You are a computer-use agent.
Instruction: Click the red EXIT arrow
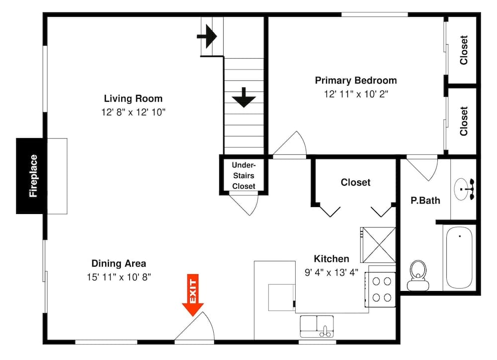pyautogui.click(x=193, y=295)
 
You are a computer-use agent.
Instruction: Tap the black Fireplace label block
pyautogui.click(x=33, y=176)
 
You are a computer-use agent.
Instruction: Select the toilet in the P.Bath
pyautogui.click(x=417, y=276)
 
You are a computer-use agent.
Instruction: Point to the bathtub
pyautogui.click(x=460, y=258)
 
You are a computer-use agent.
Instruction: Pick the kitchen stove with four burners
pyautogui.click(x=380, y=289)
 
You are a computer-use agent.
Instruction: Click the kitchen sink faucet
pyautogui.click(x=324, y=329)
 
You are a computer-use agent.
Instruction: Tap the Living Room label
pyautogui.click(x=133, y=98)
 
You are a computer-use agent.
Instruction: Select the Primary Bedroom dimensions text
pyautogui.click(x=356, y=94)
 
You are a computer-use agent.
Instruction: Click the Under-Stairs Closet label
pyautogui.click(x=244, y=175)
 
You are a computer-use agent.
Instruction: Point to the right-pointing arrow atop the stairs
pyautogui.click(x=207, y=36)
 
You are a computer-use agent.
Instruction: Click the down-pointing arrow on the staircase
pyautogui.click(x=244, y=97)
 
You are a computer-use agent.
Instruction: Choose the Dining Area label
pyautogui.click(x=119, y=264)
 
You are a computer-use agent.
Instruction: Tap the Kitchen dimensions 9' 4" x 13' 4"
pyautogui.click(x=331, y=272)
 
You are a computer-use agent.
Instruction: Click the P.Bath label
pyautogui.click(x=425, y=201)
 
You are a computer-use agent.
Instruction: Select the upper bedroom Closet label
pyautogui.click(x=464, y=50)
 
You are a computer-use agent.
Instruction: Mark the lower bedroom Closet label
pyautogui.click(x=464, y=121)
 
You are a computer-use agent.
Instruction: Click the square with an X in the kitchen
pyautogui.click(x=378, y=245)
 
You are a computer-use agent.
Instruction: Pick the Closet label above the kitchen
pyautogui.click(x=355, y=182)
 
